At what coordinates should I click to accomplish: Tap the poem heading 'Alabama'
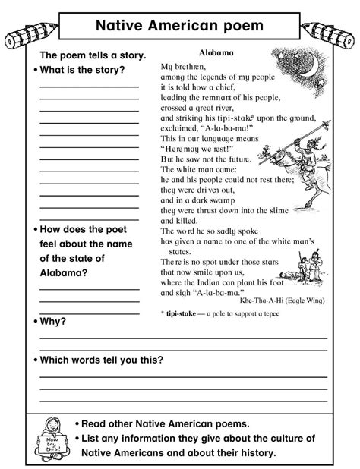(x=215, y=53)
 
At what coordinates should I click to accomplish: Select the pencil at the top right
(x=331, y=30)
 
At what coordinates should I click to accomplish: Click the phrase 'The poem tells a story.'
(x=90, y=55)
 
